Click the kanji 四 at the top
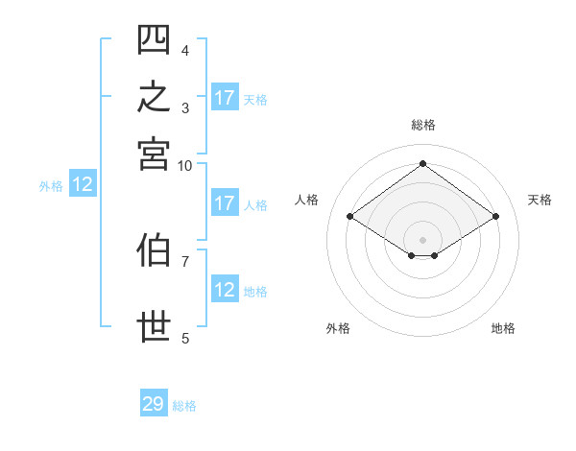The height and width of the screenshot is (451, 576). click(x=154, y=39)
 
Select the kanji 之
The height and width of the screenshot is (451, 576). click(x=154, y=96)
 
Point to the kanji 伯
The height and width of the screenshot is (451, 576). click(x=154, y=249)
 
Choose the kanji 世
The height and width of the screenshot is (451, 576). click(x=154, y=326)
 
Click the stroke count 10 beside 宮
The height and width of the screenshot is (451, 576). click(x=184, y=166)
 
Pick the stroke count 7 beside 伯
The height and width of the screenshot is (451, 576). click(x=185, y=262)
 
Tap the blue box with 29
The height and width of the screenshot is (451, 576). click(x=154, y=402)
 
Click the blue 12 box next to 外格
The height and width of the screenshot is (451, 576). click(x=83, y=183)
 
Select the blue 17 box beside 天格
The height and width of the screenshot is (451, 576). click(x=225, y=97)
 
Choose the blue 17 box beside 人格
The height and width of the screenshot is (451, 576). click(x=225, y=202)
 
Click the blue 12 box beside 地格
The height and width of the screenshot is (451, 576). click(x=225, y=288)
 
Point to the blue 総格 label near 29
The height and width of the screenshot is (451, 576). click(x=184, y=406)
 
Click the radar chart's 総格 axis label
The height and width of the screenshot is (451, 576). click(x=423, y=125)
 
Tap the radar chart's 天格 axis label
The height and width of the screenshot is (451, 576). click(x=540, y=200)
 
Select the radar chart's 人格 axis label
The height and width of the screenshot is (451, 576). click(x=306, y=200)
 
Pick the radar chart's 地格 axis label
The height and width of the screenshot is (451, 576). click(x=503, y=328)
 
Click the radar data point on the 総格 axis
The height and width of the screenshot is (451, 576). click(x=422, y=163)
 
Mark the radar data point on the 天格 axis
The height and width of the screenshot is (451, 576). click(x=495, y=216)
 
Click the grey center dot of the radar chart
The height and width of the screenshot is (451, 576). click(x=422, y=240)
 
